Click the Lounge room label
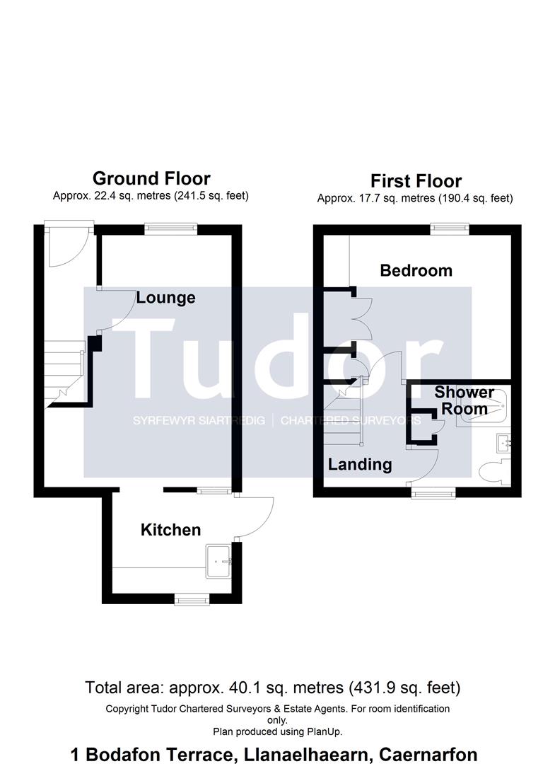coord(165,298)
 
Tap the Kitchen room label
coord(170,530)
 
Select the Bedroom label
coord(416,270)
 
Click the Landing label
coord(359,464)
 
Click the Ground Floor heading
coord(151,178)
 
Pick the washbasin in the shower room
coord(503,444)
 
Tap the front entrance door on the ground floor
coord(67,245)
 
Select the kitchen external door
coord(255,516)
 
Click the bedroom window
coord(450,228)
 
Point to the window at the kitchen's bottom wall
coord(188,599)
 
